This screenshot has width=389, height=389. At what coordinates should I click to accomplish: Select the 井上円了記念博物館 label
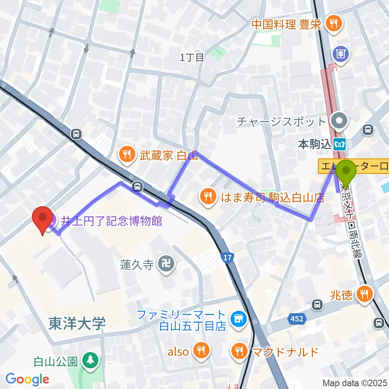coord(111,221)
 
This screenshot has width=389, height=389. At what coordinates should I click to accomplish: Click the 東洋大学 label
coord(77,324)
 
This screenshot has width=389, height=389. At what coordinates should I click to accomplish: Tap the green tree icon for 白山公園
coord(89,360)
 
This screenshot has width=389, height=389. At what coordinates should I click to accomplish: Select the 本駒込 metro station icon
coord(340,144)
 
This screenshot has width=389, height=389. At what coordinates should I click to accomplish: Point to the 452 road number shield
coord(297,319)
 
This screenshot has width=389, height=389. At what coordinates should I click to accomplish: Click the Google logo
coord(27,379)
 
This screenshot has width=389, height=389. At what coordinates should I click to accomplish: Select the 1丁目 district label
coord(192,58)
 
